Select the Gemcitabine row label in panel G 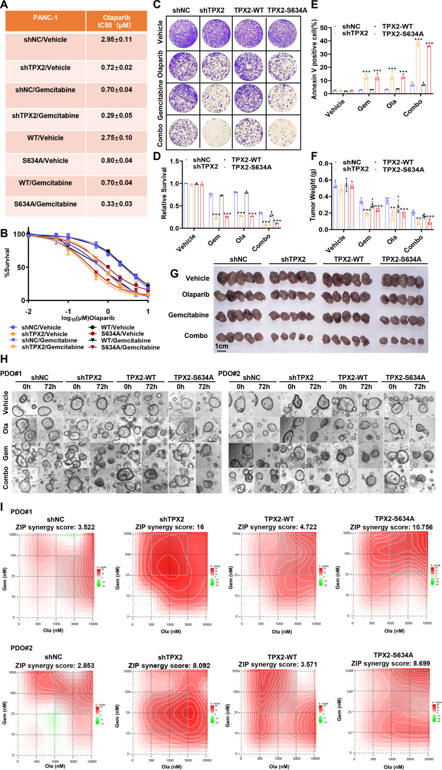pos(182,316)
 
